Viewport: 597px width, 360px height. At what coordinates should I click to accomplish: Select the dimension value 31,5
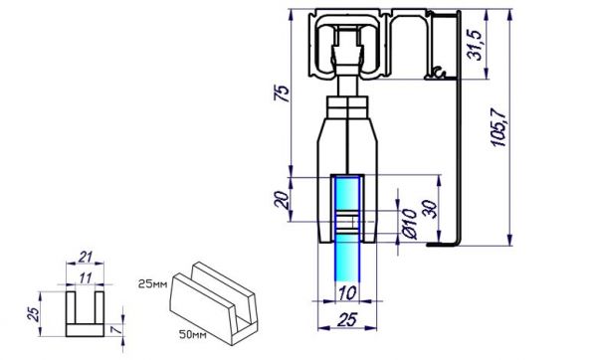coord(475,45)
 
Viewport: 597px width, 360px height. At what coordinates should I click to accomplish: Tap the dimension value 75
coord(283,93)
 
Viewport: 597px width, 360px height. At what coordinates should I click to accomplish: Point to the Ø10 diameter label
coord(410,224)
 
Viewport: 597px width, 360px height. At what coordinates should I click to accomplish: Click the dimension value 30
coord(430,209)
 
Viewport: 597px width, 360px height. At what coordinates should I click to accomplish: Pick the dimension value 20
coord(283,200)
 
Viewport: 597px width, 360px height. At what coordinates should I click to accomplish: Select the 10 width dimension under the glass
coord(347,293)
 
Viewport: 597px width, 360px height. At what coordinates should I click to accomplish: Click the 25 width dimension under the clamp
coord(347,319)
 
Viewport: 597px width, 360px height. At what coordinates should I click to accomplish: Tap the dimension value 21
coord(86,258)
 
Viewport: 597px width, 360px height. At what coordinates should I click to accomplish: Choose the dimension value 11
coord(86,278)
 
